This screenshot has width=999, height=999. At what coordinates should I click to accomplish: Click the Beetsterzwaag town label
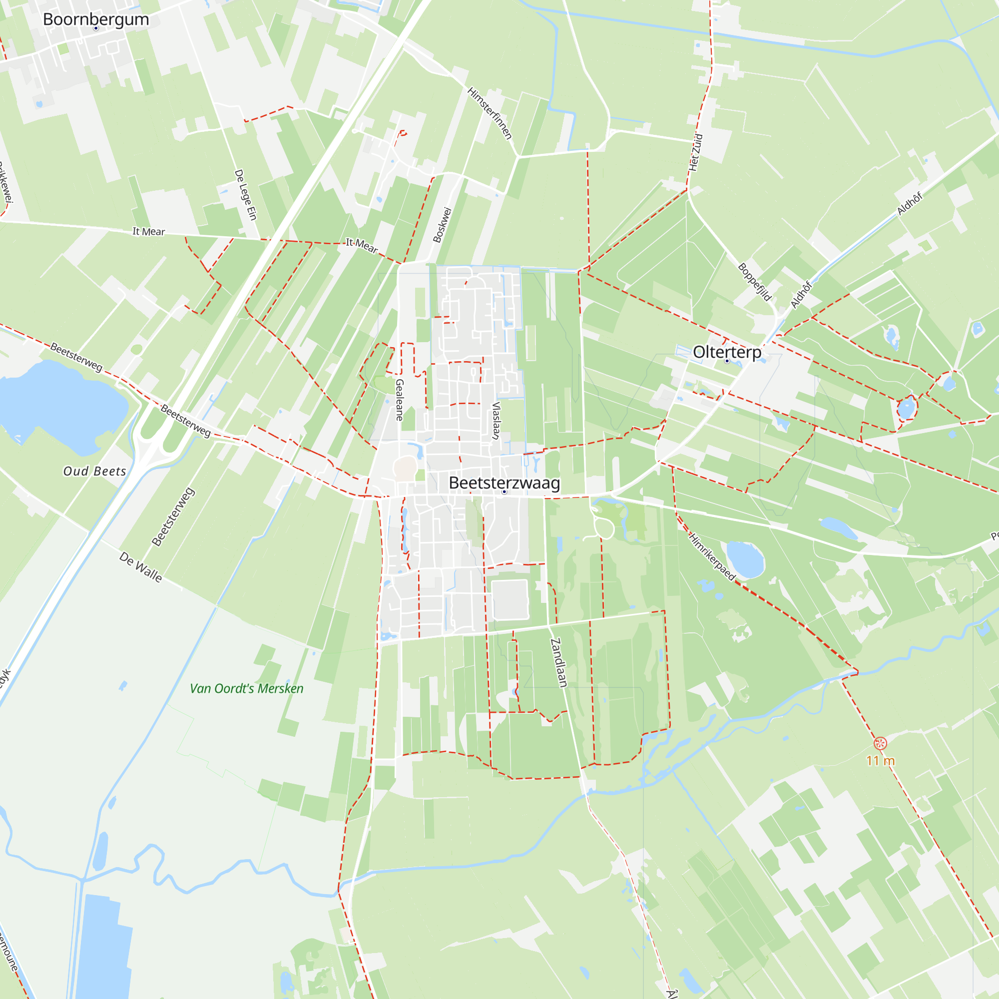pyautogui.click(x=504, y=483)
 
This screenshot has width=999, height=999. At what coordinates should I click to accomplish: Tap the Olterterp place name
pyautogui.click(x=727, y=352)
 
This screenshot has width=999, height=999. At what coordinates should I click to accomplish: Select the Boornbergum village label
pyautogui.click(x=96, y=19)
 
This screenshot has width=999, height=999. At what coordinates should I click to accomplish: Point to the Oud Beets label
pyautogui.click(x=94, y=471)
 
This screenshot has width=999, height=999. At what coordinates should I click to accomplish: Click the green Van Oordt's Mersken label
pyautogui.click(x=247, y=688)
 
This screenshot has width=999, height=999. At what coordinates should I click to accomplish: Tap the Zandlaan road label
pyautogui.click(x=558, y=662)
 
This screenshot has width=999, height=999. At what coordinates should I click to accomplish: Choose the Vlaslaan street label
pyautogui.click(x=497, y=421)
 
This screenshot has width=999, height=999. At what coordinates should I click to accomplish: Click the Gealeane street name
pyautogui.click(x=400, y=400)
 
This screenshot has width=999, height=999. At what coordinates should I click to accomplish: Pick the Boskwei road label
pyautogui.click(x=442, y=225)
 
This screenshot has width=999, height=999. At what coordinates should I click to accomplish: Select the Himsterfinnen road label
pyautogui.click(x=490, y=113)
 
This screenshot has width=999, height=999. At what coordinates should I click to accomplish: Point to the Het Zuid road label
pyautogui.click(x=696, y=152)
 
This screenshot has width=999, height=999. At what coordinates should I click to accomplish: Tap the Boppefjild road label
pyautogui.click(x=755, y=282)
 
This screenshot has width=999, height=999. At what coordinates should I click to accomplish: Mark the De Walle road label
pyautogui.click(x=141, y=567)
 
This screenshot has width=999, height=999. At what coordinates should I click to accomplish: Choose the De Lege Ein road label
pyautogui.click(x=246, y=194)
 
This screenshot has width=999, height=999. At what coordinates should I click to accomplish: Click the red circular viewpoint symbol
pyautogui.click(x=880, y=744)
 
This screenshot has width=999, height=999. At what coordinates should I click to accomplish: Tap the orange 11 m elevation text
pyautogui.click(x=880, y=761)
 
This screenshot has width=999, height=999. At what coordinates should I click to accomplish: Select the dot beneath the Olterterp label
pyautogui.click(x=727, y=361)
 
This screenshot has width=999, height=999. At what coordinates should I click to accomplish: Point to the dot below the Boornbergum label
pyautogui.click(x=96, y=28)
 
